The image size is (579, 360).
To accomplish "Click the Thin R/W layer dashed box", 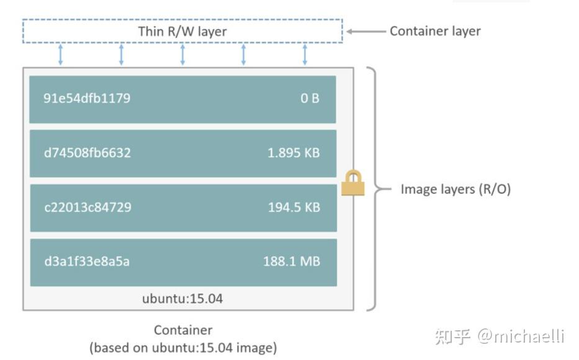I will (x=182, y=31).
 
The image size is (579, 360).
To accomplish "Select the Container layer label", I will (x=435, y=31).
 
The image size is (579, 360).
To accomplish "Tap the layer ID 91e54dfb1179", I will (x=87, y=98).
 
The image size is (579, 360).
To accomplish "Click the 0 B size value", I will (x=310, y=98).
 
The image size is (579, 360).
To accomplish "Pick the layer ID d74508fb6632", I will (x=88, y=153).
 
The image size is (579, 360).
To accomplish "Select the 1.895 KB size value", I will (x=294, y=153).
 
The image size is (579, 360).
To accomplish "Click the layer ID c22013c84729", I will (x=88, y=207).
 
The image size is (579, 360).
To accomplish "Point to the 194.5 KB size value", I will (x=294, y=207).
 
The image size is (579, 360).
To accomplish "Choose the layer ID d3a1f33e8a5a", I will (x=87, y=261).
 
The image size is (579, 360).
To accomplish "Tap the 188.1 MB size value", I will (x=292, y=261).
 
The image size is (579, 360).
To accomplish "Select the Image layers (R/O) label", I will (x=456, y=189).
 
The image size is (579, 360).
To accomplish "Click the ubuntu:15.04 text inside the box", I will (x=182, y=299).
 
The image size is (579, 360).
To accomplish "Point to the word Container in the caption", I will (x=183, y=330).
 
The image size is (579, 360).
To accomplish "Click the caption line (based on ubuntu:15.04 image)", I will (x=183, y=348).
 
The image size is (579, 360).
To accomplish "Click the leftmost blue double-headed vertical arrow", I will (x=60, y=55).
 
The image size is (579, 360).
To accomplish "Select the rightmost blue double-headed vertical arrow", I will (x=305, y=55).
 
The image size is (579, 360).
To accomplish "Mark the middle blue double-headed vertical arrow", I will (x=182, y=55).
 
